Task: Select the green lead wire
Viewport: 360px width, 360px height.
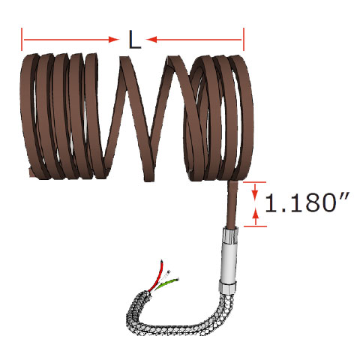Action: click(172, 283)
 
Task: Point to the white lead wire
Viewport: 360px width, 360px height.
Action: click(166, 274)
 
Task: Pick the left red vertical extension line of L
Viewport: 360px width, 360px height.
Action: click(22, 40)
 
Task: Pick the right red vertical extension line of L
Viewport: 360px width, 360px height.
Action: click(244, 40)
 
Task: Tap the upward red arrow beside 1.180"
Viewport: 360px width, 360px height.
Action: click(257, 217)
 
